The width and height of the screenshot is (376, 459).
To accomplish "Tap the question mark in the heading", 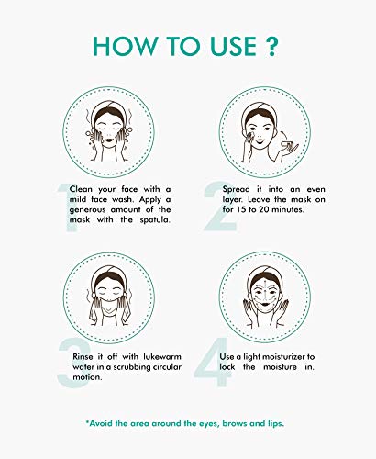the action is [x=271, y=46].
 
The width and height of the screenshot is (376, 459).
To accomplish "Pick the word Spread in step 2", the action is [x=236, y=190].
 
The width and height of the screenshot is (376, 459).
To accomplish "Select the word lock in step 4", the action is [x=227, y=367].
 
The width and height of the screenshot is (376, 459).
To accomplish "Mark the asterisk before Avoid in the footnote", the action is [x=87, y=421].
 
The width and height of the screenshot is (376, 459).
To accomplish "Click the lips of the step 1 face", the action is [x=109, y=140].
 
